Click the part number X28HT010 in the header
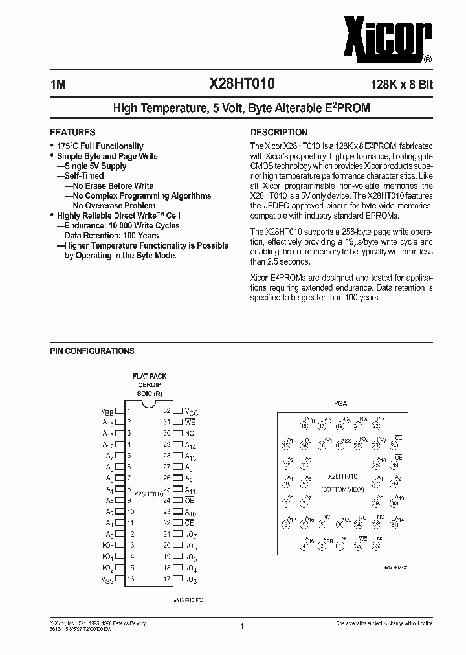tap(241, 83)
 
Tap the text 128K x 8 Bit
tap(393, 84)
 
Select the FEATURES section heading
tap(72, 132)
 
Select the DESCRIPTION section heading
tap(279, 132)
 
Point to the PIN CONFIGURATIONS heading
tap(93, 351)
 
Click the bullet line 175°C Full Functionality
tap(100, 146)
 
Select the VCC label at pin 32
tap(192, 412)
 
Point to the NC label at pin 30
tap(190, 434)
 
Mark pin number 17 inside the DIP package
tap(167, 579)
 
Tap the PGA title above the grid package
tap(340, 403)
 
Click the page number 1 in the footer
tap(241, 627)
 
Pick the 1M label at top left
tap(57, 84)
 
